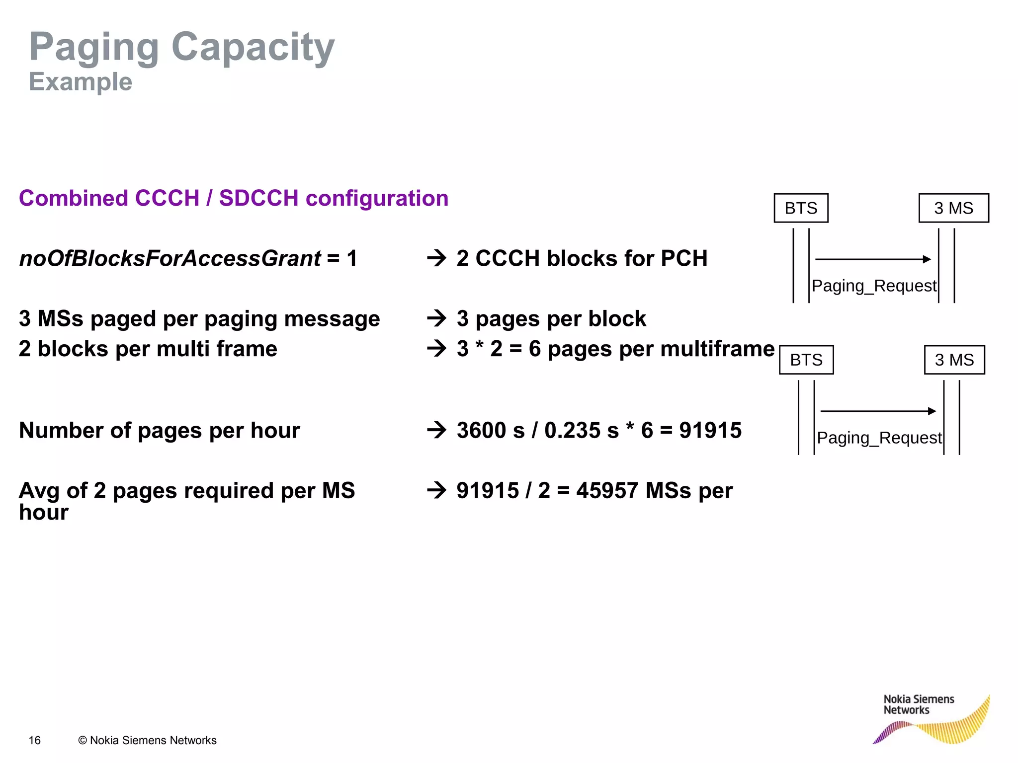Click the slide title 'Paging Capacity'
(x=182, y=47)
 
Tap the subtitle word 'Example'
(x=81, y=82)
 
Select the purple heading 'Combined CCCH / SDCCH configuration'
(x=234, y=198)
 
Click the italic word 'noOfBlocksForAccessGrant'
(x=170, y=258)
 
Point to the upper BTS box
(x=801, y=208)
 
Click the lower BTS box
(x=806, y=360)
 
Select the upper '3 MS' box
(x=953, y=208)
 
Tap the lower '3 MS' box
(x=954, y=360)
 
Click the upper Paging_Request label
(x=874, y=286)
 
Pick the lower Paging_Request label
(x=879, y=438)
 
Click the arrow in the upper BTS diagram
(x=873, y=259)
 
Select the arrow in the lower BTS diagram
(x=878, y=411)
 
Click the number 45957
(x=607, y=491)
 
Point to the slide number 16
(x=35, y=740)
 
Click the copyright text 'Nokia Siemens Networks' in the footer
(x=148, y=740)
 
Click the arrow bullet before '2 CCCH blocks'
(x=437, y=258)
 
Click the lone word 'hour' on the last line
(x=44, y=513)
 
